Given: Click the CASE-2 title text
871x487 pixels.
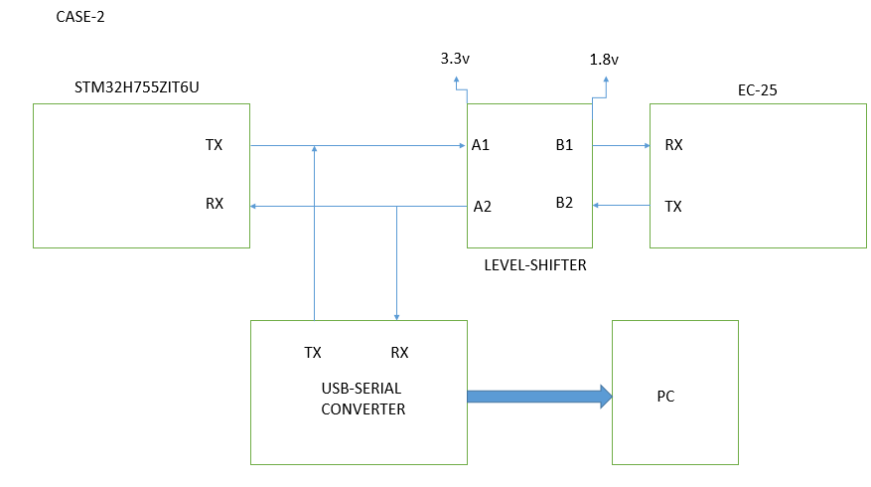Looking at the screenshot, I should pyautogui.click(x=80, y=18).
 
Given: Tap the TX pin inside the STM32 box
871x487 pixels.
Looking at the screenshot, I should pyautogui.click(x=214, y=145).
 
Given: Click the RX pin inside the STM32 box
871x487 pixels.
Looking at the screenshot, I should pyautogui.click(x=215, y=204).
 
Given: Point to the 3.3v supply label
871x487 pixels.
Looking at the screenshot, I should pyautogui.click(x=455, y=59).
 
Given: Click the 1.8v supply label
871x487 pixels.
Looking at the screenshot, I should pyautogui.click(x=605, y=60).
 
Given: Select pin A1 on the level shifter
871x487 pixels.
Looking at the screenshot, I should pyautogui.click(x=481, y=145).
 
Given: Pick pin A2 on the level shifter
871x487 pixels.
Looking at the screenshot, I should pyautogui.click(x=483, y=207).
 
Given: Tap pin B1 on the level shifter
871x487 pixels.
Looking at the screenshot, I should pyautogui.click(x=564, y=145).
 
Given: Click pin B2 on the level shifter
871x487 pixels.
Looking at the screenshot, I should pyautogui.click(x=564, y=203).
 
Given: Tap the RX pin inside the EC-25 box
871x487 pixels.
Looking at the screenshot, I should pyautogui.click(x=673, y=145).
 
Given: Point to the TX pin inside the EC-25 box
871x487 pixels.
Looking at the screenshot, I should pyautogui.click(x=673, y=207).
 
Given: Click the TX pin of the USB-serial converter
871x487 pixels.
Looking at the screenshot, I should pyautogui.click(x=313, y=352).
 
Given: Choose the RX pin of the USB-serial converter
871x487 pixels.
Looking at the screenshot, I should pyautogui.click(x=399, y=352).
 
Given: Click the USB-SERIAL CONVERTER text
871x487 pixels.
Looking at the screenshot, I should pyautogui.click(x=363, y=398).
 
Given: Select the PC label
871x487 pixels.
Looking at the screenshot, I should pyautogui.click(x=665, y=397).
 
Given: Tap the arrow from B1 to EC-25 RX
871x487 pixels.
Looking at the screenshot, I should pyautogui.click(x=621, y=145).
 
